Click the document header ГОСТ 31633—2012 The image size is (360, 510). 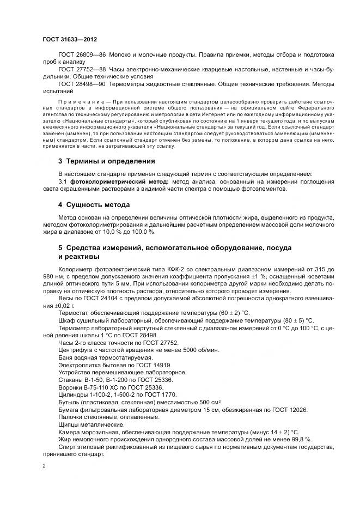70,39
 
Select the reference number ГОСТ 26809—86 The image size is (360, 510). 82,56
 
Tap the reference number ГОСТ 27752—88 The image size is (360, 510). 82,70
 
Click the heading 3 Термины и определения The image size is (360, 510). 106,161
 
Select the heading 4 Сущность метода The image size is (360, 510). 94,205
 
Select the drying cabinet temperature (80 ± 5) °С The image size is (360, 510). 296,320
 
